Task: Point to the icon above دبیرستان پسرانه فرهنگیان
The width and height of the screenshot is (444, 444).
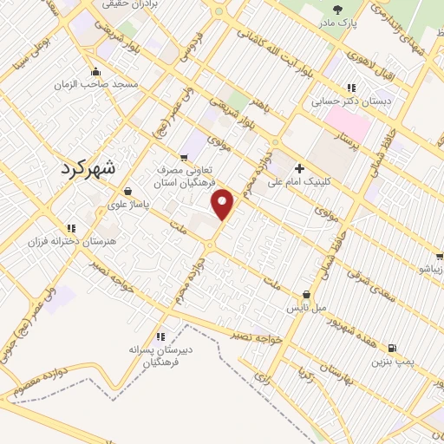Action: click(160, 336)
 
